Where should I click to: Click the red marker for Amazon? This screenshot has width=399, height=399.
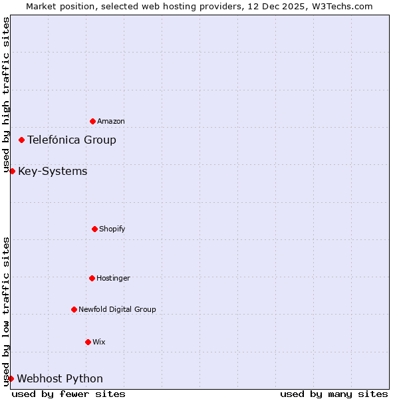click(92, 121)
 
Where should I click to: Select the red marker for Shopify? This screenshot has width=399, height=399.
click(94, 229)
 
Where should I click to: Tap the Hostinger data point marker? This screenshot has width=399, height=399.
click(92, 278)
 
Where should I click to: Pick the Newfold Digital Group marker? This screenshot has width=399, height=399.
click(74, 309)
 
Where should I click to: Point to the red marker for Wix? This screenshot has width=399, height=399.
click(88, 342)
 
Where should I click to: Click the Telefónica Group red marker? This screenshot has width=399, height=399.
click(22, 140)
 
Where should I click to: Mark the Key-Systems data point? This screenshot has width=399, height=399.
click(12, 171)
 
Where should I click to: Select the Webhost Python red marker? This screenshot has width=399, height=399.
click(11, 378)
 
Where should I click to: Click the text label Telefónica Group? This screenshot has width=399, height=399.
click(72, 140)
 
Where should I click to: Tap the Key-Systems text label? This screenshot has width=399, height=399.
click(53, 172)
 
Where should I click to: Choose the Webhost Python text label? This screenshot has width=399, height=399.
click(60, 379)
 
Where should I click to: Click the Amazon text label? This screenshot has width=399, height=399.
click(111, 121)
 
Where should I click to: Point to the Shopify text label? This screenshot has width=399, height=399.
click(112, 229)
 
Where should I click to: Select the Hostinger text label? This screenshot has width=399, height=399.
click(113, 278)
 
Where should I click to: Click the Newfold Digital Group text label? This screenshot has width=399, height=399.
click(117, 309)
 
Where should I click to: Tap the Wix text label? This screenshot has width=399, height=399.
click(99, 342)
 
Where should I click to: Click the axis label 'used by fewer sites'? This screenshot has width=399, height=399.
click(68, 394)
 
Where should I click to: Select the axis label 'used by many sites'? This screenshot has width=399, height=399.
click(334, 394)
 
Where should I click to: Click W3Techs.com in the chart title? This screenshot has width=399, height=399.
click(339, 6)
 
